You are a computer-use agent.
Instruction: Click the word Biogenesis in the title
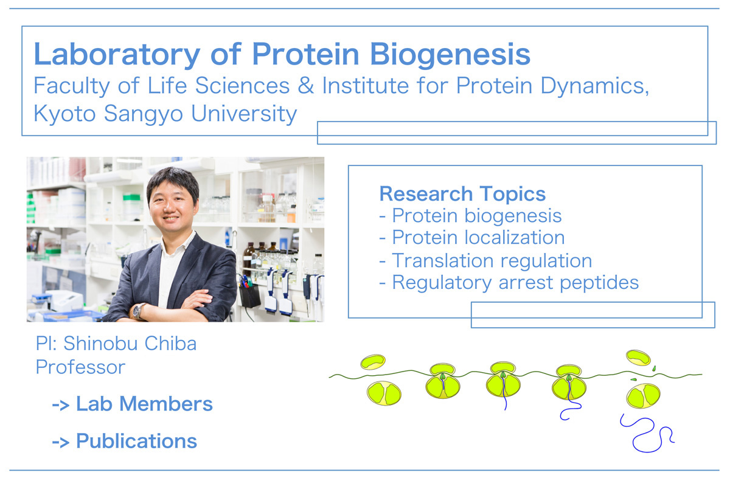(450, 55)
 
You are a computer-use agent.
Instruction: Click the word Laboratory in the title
(117, 55)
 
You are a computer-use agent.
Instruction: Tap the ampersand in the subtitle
(305, 86)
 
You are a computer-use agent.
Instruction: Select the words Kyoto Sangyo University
(165, 114)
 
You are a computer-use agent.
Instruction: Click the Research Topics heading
(462, 194)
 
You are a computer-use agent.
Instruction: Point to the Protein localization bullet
(472, 237)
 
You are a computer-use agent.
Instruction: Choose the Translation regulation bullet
(485, 261)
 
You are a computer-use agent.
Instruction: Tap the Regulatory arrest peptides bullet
(509, 283)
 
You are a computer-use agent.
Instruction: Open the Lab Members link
(133, 404)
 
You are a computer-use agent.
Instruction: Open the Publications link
(125, 442)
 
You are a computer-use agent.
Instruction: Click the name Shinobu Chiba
(130, 344)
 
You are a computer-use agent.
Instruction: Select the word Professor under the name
(80, 367)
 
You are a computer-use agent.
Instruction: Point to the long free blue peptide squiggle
(647, 434)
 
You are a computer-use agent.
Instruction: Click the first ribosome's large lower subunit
(384, 393)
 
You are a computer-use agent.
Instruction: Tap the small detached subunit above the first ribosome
(373, 362)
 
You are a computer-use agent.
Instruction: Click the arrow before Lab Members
(61, 405)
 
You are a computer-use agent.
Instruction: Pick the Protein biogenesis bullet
(471, 216)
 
